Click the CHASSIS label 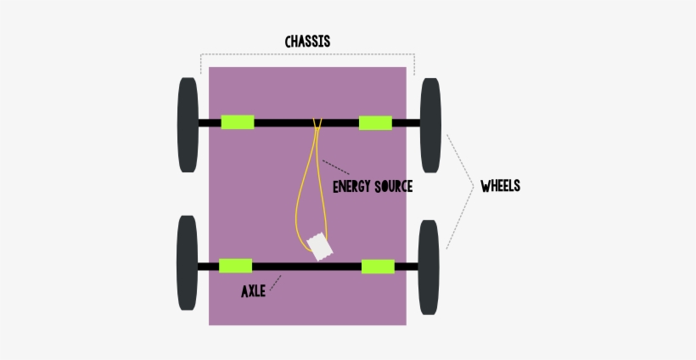[x=307, y=41]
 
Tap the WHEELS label [x=500, y=186]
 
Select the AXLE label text [x=253, y=291]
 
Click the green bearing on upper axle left [x=238, y=122]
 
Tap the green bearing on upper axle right [x=375, y=122]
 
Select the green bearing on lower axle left [x=235, y=266]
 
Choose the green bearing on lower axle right [x=378, y=266]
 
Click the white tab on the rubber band [x=320, y=248]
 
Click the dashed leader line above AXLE [x=276, y=279]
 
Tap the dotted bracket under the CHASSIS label [x=307, y=55]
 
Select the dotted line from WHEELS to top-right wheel [x=459, y=157]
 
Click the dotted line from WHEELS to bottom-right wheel [x=459, y=217]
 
